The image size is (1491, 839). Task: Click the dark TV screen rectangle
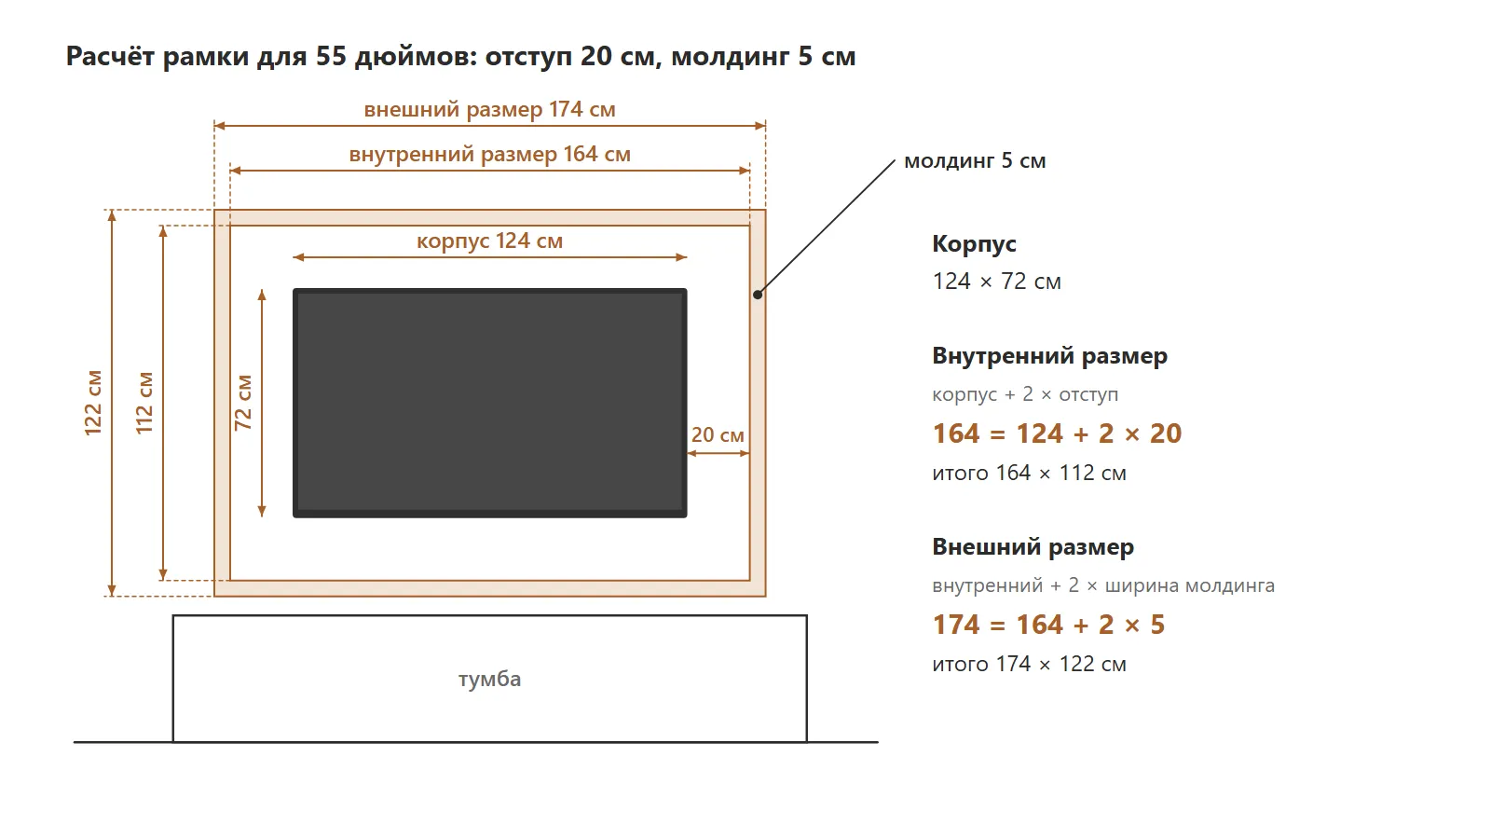coord(490,403)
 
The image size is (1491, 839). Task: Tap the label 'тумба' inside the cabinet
coord(490,679)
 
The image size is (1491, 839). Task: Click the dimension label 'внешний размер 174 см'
coord(490,109)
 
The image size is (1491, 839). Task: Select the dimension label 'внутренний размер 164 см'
coord(490,154)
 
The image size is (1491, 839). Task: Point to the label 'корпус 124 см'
coord(490,241)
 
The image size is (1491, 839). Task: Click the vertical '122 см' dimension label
coord(93,403)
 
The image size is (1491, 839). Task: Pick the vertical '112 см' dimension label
coord(144,403)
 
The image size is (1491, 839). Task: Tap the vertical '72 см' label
coord(243,403)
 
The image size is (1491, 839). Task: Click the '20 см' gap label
coord(718,434)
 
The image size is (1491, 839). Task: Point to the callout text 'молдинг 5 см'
coord(975,160)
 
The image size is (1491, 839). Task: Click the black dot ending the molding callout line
coord(758,295)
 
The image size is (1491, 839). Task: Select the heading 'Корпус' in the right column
coord(974,243)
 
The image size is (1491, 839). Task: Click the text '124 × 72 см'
coord(996,281)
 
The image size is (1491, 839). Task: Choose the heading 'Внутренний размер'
coord(1049,355)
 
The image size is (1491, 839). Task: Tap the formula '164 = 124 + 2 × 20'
coord(1057,433)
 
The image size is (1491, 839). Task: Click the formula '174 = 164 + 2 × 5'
coord(1048,625)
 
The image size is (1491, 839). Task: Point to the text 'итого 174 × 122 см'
coord(1029,664)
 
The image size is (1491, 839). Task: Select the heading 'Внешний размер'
coord(1033,546)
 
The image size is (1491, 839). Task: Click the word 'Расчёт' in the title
coord(111,56)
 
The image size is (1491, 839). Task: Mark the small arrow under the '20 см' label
coord(718,453)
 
